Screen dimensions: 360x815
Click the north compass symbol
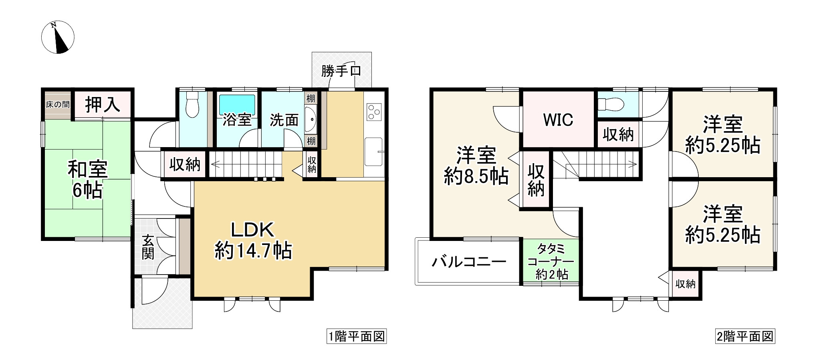click(x=58, y=37)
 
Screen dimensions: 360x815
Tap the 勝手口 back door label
click(x=341, y=71)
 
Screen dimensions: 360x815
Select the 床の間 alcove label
click(x=57, y=105)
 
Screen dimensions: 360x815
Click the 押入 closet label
click(x=103, y=105)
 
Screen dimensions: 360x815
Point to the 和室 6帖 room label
click(x=87, y=180)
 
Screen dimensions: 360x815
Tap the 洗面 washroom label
click(x=284, y=119)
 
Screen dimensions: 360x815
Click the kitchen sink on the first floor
click(x=374, y=151)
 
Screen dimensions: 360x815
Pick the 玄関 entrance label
click(x=148, y=247)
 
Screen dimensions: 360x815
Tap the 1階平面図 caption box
click(x=357, y=336)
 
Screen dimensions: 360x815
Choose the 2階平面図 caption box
click(x=745, y=336)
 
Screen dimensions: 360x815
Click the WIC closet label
click(x=558, y=119)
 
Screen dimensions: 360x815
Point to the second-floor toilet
click(x=611, y=104)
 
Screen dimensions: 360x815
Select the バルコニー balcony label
click(x=469, y=262)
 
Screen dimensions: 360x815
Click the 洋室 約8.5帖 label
click(x=476, y=166)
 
